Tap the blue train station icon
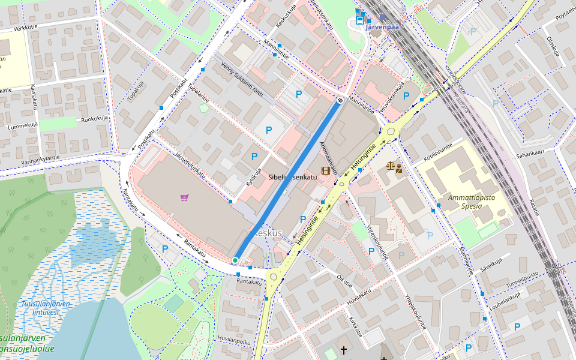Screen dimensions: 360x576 point(359,19)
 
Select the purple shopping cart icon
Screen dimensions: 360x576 point(184,197)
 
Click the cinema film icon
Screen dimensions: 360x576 point(325,170)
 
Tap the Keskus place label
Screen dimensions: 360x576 point(268,232)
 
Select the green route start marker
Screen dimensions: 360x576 point(235,260)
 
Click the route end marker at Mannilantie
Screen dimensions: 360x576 point(340,101)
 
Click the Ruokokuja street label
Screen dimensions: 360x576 point(94,118)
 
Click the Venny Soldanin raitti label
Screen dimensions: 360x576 point(242,78)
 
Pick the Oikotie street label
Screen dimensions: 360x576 point(344,280)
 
